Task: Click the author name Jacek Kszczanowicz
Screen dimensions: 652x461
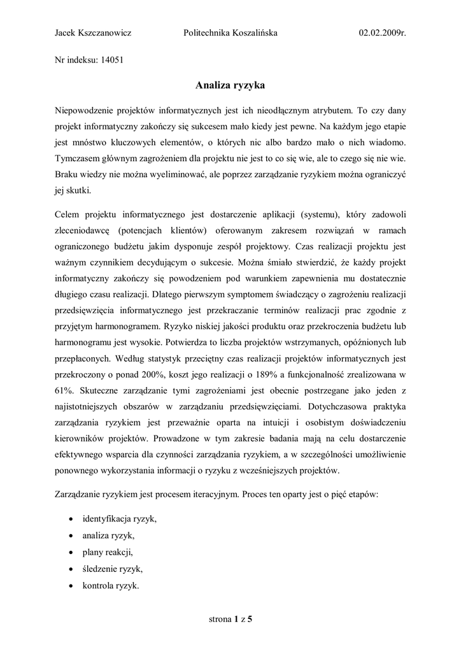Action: click(x=93, y=32)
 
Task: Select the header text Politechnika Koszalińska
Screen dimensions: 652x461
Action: click(x=230, y=32)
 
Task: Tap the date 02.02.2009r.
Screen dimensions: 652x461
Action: click(x=382, y=32)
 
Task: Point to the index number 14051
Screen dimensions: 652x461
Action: click(x=111, y=61)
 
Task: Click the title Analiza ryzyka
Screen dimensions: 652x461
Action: click(x=230, y=85)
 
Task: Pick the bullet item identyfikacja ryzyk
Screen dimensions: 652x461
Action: click(x=119, y=519)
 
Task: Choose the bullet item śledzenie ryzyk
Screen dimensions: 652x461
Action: click(x=113, y=569)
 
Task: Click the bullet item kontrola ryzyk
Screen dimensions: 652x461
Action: click(x=111, y=585)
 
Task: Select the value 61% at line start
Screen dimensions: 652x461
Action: click(x=65, y=390)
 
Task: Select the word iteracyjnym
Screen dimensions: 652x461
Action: click(x=211, y=495)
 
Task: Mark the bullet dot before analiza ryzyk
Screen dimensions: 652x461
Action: click(x=69, y=535)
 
